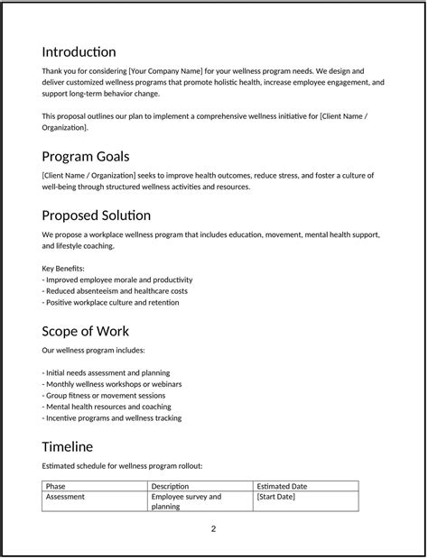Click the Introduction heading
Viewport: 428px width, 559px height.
click(79, 51)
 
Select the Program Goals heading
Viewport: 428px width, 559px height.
click(91, 156)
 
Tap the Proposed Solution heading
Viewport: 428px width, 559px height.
click(96, 215)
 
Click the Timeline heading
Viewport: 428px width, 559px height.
click(67, 446)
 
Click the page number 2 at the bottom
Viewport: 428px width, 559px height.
click(214, 528)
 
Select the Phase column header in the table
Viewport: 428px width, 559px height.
click(56, 486)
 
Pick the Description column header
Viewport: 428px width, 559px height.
click(170, 486)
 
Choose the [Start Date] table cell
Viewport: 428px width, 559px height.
click(276, 497)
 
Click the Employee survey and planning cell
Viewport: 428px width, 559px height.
click(186, 501)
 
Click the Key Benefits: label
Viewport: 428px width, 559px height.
click(63, 268)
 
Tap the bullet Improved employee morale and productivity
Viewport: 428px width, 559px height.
click(117, 279)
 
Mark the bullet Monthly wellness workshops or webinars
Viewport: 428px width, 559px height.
click(112, 384)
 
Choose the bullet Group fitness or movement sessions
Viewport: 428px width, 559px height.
click(104, 395)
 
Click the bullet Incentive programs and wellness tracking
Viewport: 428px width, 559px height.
click(112, 418)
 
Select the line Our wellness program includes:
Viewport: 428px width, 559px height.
click(93, 350)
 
